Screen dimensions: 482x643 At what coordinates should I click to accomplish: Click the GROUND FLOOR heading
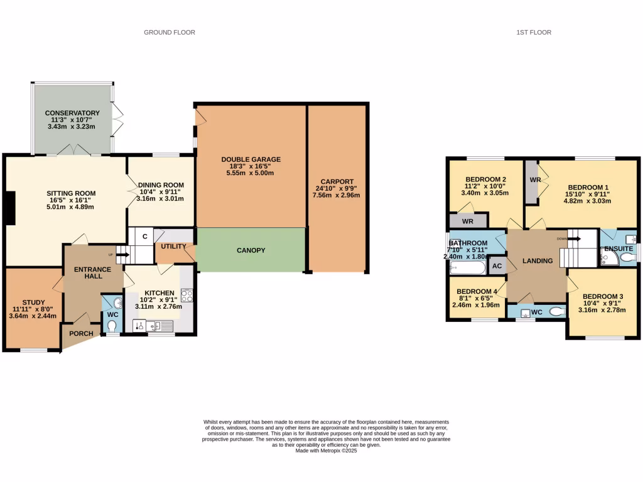[x=170, y=32]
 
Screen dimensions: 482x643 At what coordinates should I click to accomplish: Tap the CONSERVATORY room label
[x=72, y=113]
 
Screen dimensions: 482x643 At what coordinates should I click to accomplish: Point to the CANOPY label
[x=251, y=250]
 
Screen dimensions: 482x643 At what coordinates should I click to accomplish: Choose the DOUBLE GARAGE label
[x=251, y=159]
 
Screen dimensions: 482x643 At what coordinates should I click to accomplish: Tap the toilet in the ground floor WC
[x=112, y=326]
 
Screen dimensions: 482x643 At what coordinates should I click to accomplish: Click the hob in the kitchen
[x=186, y=295]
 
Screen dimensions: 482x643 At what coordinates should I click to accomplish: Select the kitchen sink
[x=163, y=325]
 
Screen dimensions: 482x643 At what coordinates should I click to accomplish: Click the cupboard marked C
[x=144, y=237]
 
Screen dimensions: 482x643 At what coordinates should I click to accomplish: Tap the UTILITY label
[x=173, y=247]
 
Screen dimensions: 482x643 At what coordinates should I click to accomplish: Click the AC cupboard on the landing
[x=497, y=265]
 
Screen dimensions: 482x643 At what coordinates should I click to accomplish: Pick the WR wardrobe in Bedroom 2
[x=468, y=221]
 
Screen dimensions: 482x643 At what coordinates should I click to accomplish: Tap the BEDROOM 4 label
[x=477, y=292]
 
